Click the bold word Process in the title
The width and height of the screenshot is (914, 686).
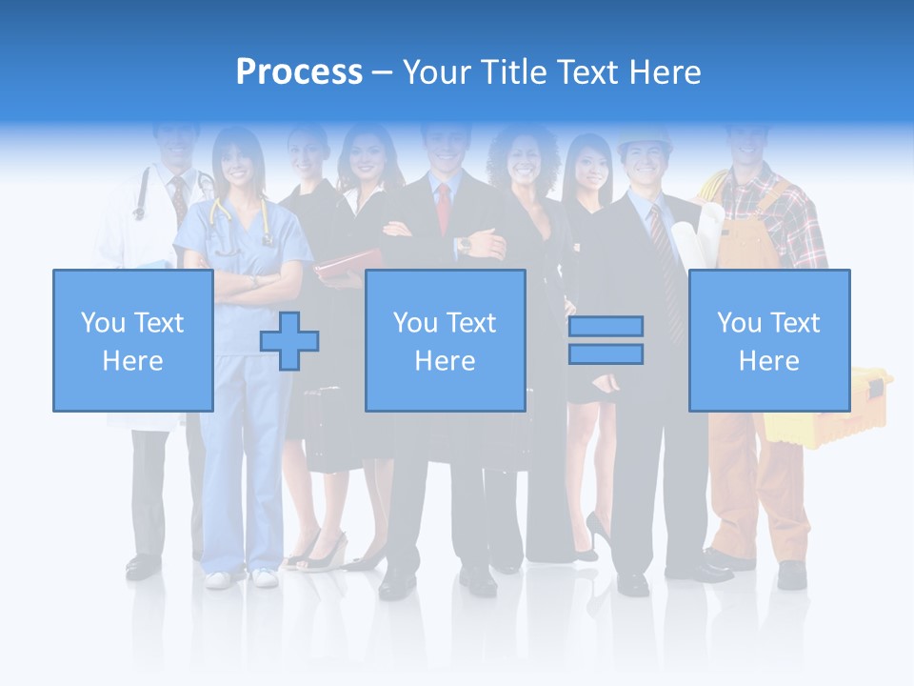(x=299, y=72)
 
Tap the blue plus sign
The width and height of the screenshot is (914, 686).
(x=289, y=340)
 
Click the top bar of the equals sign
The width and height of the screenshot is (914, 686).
(x=606, y=326)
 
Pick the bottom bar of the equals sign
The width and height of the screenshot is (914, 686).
(x=606, y=354)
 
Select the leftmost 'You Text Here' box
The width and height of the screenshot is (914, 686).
(x=133, y=340)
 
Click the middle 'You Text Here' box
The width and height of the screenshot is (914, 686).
(x=445, y=340)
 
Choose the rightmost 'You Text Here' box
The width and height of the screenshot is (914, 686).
(x=769, y=340)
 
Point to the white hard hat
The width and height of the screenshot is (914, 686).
(x=644, y=141)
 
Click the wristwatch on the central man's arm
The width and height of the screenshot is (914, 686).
(x=464, y=245)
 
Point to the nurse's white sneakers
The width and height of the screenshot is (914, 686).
(x=239, y=578)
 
